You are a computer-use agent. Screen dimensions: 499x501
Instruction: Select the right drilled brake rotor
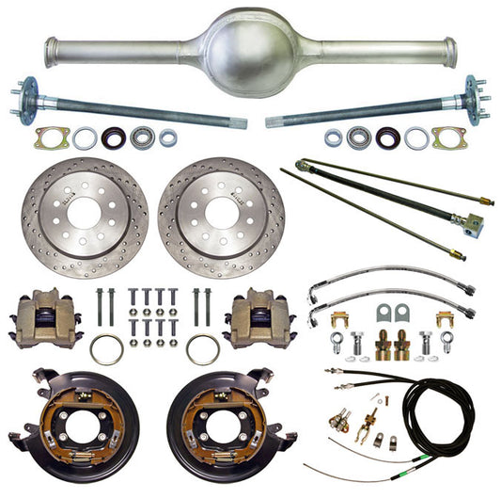(221, 217)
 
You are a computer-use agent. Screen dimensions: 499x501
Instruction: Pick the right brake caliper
(255, 317)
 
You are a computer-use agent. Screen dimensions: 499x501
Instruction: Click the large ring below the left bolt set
(106, 349)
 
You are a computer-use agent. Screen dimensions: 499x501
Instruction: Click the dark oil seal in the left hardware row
(114, 137)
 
